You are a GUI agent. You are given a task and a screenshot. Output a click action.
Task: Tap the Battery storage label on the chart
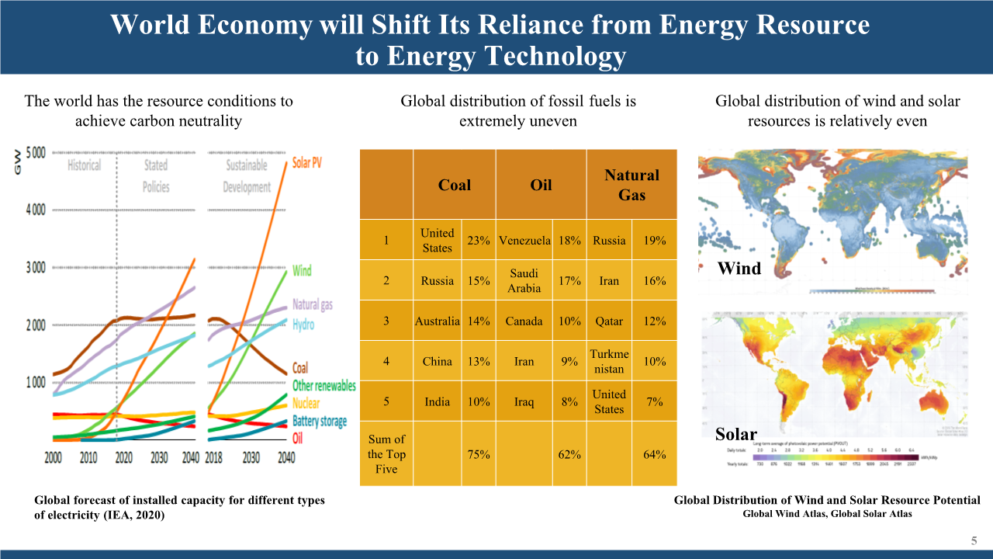[320, 421]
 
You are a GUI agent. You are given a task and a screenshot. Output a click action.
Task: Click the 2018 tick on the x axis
[214, 457]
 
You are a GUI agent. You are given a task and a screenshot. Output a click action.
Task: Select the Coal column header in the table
[454, 185]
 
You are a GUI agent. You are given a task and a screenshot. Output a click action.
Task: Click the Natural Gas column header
[631, 185]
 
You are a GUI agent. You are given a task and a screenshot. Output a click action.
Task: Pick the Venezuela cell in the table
[524, 241]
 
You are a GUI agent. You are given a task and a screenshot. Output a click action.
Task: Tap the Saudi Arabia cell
[524, 281]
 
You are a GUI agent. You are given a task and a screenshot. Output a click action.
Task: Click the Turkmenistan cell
[609, 361]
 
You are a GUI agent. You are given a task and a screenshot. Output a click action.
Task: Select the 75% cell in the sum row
[479, 454]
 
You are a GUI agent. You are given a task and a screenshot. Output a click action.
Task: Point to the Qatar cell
[609, 321]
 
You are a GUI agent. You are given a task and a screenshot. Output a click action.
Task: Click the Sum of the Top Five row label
[386, 454]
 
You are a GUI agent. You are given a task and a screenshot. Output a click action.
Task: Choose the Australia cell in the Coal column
[438, 321]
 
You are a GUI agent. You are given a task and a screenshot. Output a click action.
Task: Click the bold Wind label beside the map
[739, 269]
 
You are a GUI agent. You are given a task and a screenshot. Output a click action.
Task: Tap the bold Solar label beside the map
[736, 433]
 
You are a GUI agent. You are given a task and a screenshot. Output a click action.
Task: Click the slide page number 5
[974, 540]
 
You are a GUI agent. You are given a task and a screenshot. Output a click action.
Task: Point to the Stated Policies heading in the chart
[155, 175]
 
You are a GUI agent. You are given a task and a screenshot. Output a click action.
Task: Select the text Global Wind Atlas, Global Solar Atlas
[827, 514]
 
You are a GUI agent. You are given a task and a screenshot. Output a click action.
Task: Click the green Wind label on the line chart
[302, 270]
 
